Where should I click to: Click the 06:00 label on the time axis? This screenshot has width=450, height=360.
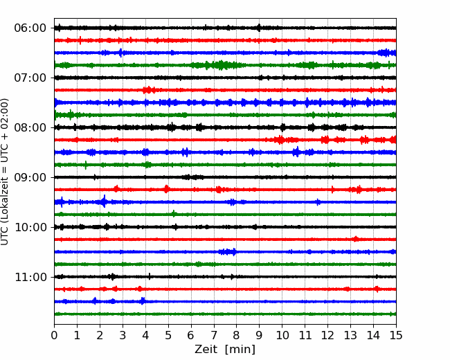pyautogui.click(x=30, y=28)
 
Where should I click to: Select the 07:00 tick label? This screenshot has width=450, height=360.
pyautogui.click(x=30, y=78)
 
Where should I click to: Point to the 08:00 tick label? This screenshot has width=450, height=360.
pyautogui.click(x=30, y=128)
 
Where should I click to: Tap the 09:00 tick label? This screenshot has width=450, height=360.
pyautogui.click(x=30, y=177)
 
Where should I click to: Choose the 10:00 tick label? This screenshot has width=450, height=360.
pyautogui.click(x=30, y=227)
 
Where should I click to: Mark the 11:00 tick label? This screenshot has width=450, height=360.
pyautogui.click(x=30, y=278)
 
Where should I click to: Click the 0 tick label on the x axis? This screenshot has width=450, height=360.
pyautogui.click(x=54, y=335)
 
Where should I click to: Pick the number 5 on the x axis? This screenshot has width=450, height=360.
pyautogui.click(x=168, y=335)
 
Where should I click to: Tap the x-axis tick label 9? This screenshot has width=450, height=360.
pyautogui.click(x=260, y=335)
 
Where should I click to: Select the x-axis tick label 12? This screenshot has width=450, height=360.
pyautogui.click(x=327, y=335)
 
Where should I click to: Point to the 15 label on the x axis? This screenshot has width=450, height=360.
pyautogui.click(x=396, y=335)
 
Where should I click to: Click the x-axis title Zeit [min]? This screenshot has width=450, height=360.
pyautogui.click(x=225, y=350)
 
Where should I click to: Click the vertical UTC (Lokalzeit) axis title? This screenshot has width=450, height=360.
pyautogui.click(x=5, y=172)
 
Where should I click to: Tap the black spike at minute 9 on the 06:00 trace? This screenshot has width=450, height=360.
pyautogui.click(x=259, y=28)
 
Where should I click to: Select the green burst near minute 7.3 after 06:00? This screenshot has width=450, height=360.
pyautogui.click(x=221, y=65)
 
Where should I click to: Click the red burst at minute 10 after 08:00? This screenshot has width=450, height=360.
pyautogui.click(x=280, y=140)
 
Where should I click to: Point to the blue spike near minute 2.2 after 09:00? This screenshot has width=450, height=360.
pyautogui.click(x=104, y=201)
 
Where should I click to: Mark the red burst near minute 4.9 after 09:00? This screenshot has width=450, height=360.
pyautogui.click(x=166, y=189)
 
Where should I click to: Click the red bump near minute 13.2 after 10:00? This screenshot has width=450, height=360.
pyautogui.click(x=356, y=239)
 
